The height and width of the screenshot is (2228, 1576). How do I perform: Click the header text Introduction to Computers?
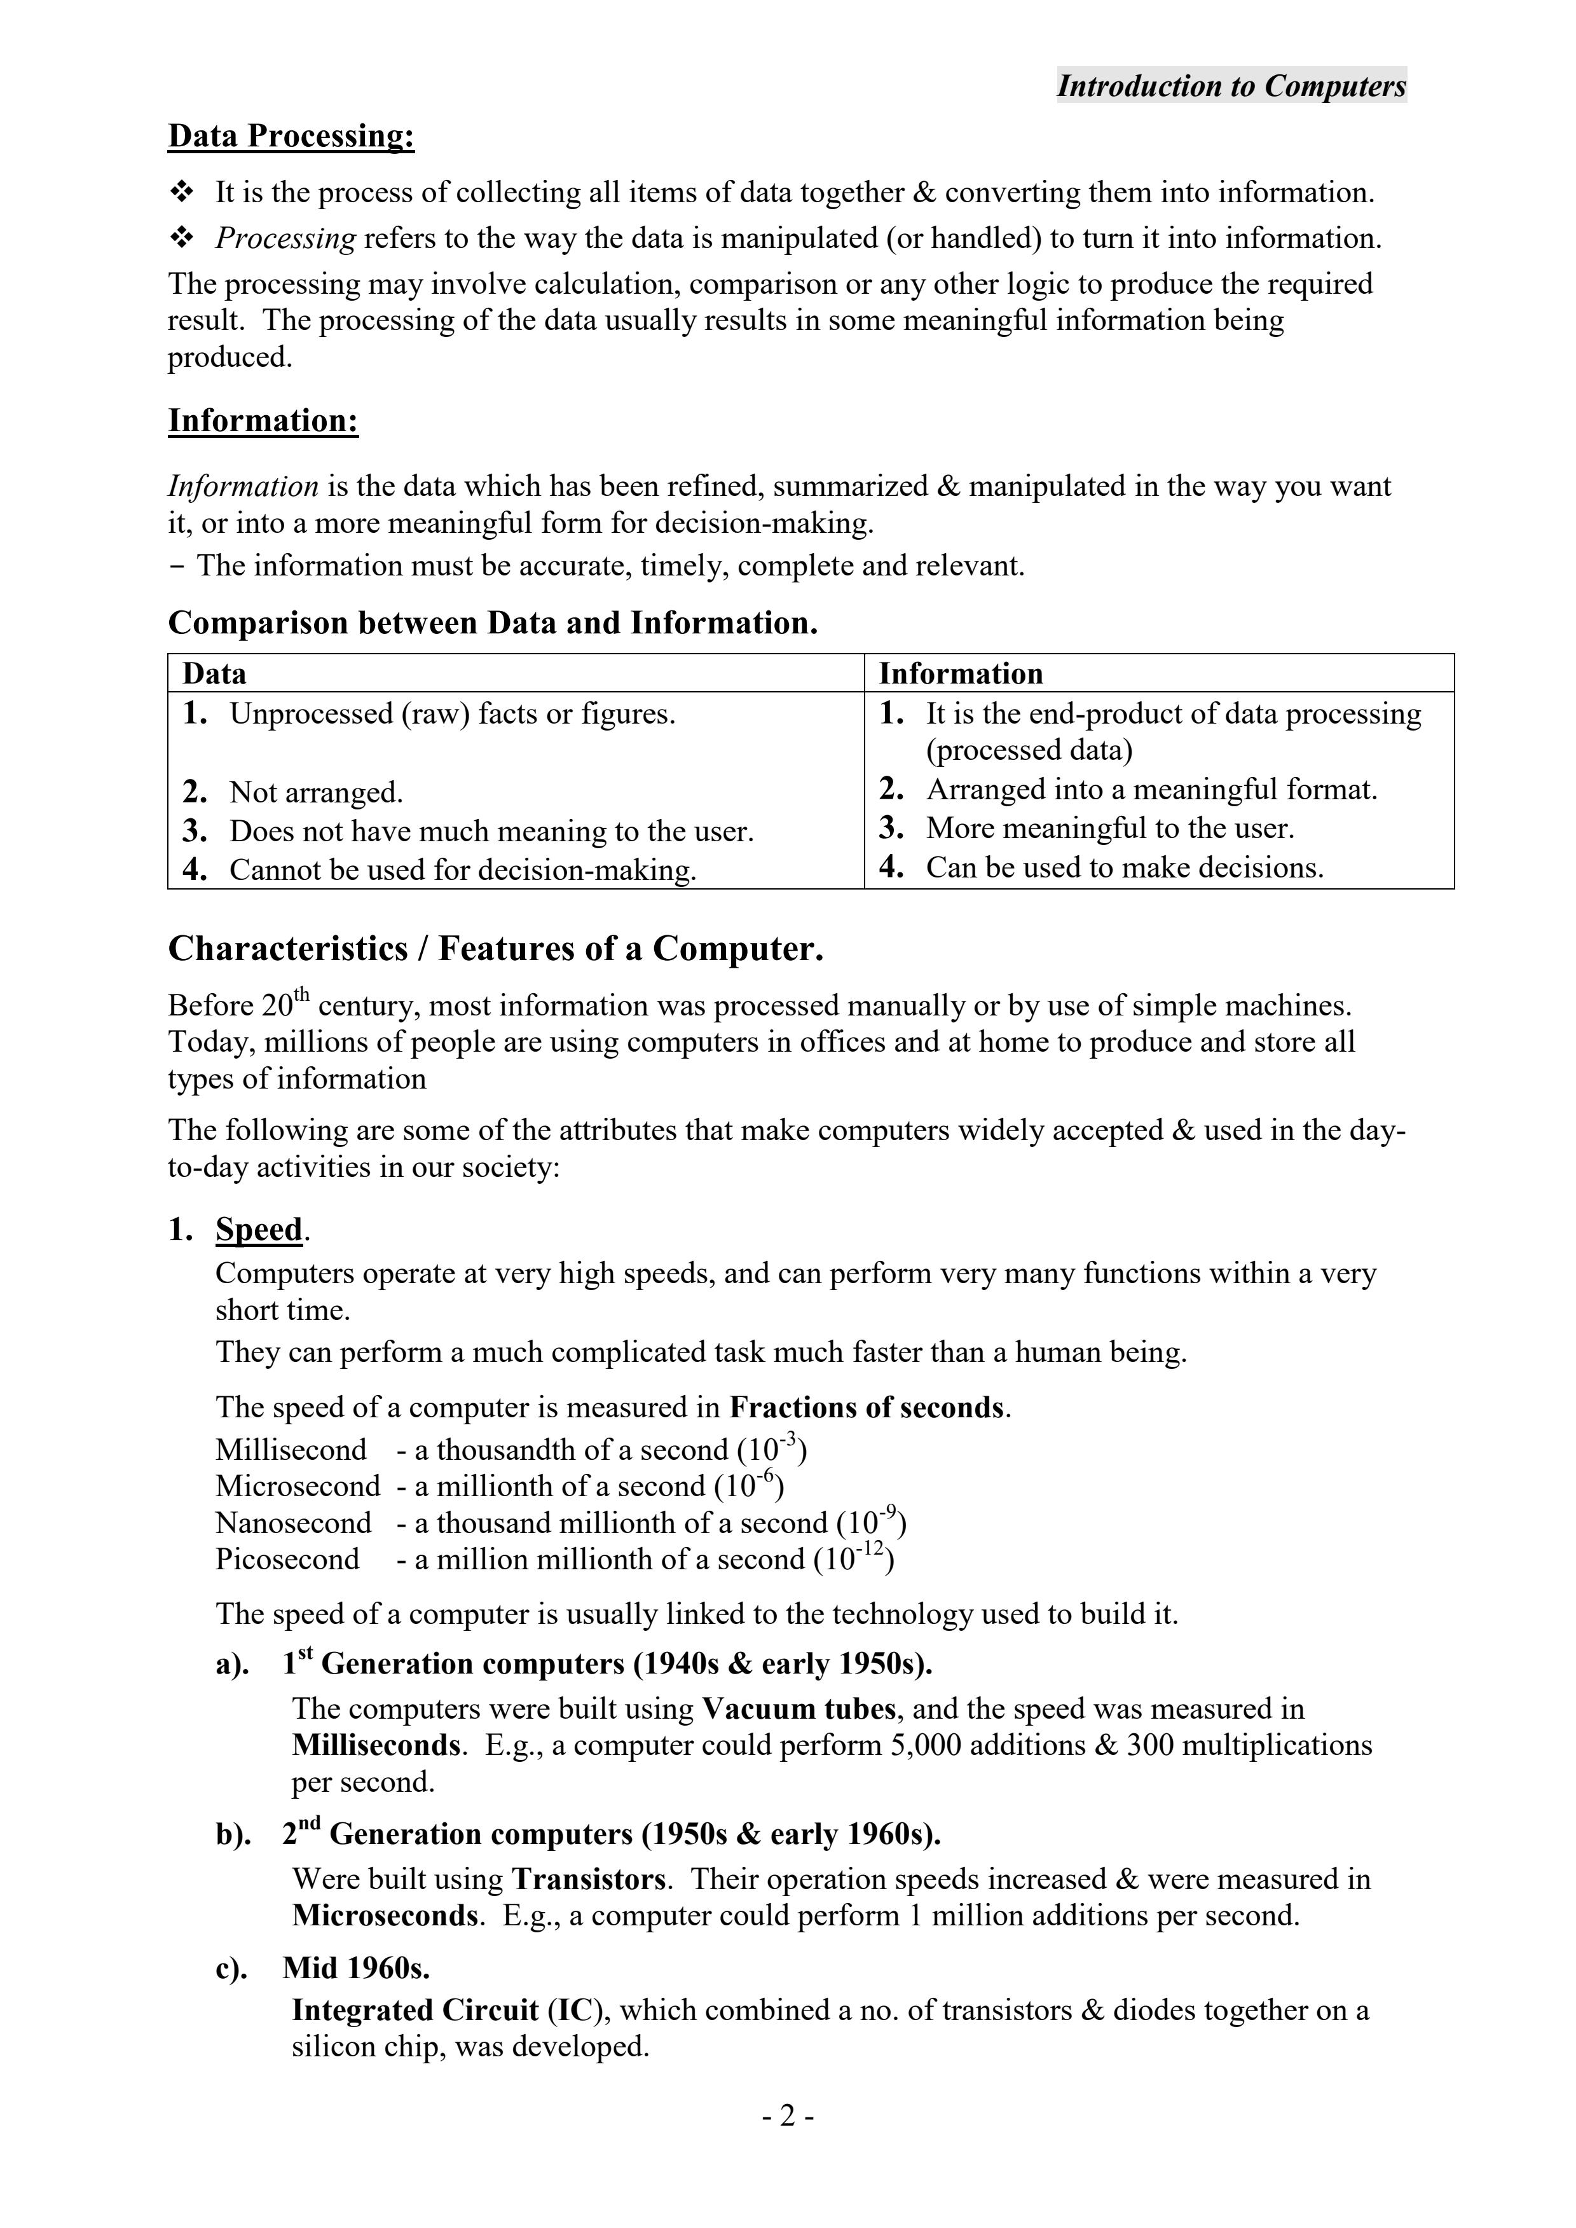click(x=1231, y=86)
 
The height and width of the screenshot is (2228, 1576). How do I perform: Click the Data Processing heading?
click(x=291, y=136)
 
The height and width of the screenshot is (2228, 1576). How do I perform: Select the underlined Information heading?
click(x=263, y=420)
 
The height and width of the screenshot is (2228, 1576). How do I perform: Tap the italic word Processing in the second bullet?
click(x=285, y=238)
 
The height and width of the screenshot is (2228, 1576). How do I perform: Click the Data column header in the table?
click(x=214, y=673)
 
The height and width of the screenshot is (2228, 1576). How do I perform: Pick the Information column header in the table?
click(x=960, y=673)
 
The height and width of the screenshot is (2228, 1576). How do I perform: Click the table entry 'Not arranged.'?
click(x=315, y=793)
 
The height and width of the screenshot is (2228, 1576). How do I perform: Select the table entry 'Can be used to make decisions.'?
click(x=1124, y=867)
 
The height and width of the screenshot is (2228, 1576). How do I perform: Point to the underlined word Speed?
click(x=259, y=1230)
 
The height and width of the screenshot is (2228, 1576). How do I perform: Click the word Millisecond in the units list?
click(x=291, y=1450)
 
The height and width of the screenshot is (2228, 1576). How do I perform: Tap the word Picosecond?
click(x=287, y=1559)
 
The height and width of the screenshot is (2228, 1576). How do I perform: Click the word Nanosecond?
click(x=293, y=1523)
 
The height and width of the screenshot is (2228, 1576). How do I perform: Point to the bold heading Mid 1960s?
click(x=356, y=1968)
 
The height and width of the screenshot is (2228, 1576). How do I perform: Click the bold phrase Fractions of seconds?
click(x=867, y=1407)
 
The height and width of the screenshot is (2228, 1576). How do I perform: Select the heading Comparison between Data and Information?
click(x=493, y=623)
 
